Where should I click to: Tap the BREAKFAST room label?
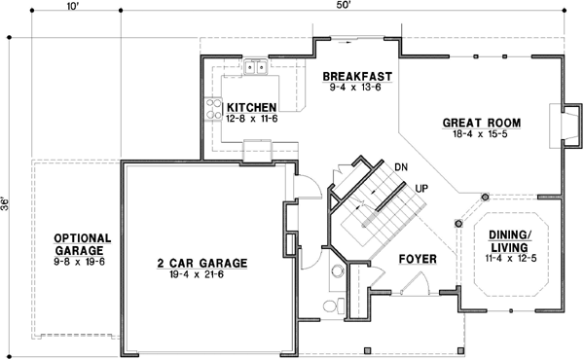(357, 76)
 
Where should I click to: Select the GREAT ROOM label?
(482, 123)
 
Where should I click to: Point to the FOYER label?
(417, 261)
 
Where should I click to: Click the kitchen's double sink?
(256, 68)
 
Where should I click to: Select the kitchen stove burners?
(212, 108)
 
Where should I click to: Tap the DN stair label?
(400, 167)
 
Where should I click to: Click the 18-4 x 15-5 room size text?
(482, 134)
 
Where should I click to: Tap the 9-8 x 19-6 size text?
(83, 261)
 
